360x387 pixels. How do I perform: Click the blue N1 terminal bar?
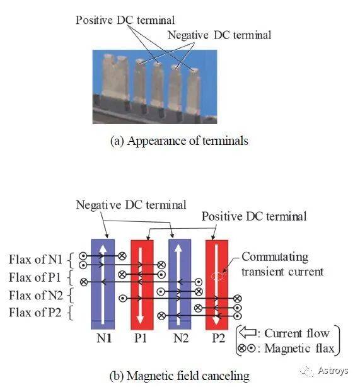(103, 284)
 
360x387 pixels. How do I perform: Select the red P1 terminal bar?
(142, 284)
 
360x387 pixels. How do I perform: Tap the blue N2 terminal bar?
(180, 284)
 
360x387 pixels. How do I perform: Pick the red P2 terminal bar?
(217, 284)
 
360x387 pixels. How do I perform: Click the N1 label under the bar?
(103, 338)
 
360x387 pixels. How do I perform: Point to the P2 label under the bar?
(218, 338)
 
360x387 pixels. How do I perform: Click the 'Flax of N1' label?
(35, 260)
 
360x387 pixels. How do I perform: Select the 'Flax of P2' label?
(35, 313)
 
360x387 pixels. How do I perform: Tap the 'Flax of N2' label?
(36, 295)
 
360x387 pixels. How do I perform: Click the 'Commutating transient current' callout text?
(282, 264)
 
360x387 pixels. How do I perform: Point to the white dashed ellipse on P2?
(218, 276)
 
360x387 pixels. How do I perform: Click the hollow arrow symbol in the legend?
(248, 333)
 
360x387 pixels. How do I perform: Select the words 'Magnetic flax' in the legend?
(299, 349)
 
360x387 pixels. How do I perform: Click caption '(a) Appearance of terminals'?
(179, 141)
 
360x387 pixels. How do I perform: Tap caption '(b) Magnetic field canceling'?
(179, 376)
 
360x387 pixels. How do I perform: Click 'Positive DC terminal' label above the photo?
(125, 20)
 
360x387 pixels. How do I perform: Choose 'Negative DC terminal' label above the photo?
(219, 35)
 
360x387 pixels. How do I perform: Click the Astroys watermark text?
(333, 370)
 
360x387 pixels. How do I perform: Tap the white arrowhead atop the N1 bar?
(103, 248)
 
